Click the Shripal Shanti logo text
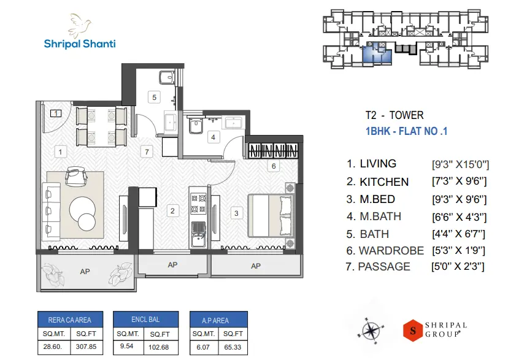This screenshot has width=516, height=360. point(80,44)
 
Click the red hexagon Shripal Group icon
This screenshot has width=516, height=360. point(414,330)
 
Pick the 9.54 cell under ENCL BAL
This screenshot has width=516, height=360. point(128,346)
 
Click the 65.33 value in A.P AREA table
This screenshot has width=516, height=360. point(233,346)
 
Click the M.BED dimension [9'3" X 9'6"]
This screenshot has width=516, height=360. point(460,199)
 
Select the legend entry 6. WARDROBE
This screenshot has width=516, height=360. point(385,250)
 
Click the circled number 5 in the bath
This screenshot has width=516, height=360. point(155,97)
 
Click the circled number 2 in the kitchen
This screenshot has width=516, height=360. point(172,211)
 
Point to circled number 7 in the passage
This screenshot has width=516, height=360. point(145,151)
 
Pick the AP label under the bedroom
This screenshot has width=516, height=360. point(255,266)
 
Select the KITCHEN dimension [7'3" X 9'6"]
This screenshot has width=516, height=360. point(460,182)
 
